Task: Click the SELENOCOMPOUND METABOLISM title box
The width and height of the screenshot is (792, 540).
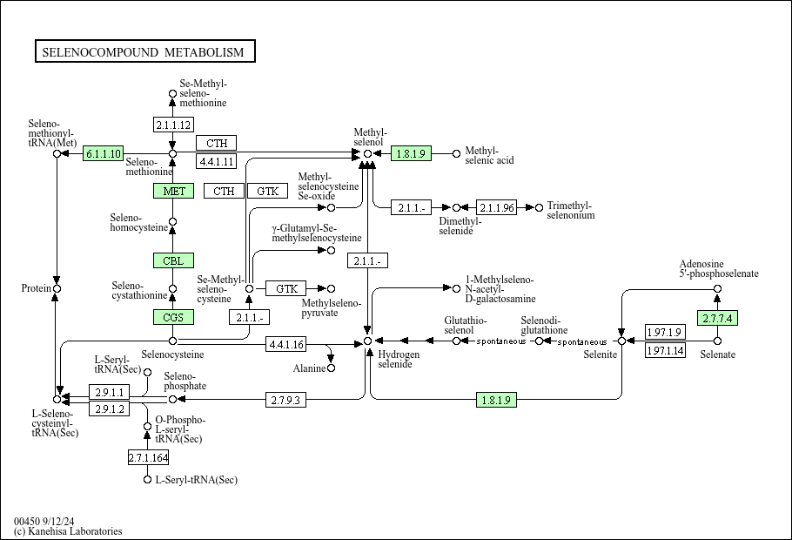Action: point(144,52)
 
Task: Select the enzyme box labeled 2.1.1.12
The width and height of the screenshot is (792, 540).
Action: point(172,125)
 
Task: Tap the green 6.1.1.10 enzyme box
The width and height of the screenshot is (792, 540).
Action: point(104,153)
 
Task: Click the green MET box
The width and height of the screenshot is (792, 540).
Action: point(173,191)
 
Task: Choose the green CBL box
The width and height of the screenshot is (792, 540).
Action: point(173,260)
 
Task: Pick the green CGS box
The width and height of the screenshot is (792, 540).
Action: point(173,317)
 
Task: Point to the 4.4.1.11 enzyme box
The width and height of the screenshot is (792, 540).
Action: point(217,161)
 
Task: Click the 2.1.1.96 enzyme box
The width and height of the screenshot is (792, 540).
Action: point(497,207)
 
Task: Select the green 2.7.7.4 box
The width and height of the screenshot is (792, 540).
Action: point(717,318)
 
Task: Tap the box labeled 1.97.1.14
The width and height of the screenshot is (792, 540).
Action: point(665,351)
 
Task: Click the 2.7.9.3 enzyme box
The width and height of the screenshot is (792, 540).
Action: point(286,400)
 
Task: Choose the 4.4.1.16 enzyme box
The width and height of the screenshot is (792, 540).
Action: point(286,345)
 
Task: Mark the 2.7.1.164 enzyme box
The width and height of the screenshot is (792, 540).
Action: point(148,457)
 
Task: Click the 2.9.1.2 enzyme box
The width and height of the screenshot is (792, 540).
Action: point(111,408)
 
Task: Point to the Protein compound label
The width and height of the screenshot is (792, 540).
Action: point(36,288)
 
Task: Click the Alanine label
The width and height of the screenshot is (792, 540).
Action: point(309,368)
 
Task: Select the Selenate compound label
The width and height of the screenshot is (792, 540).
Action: point(718,354)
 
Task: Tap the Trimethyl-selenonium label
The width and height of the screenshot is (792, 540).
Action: point(571,210)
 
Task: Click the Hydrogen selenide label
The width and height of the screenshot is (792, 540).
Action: point(399,359)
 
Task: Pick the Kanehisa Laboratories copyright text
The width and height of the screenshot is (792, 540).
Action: point(68,531)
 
